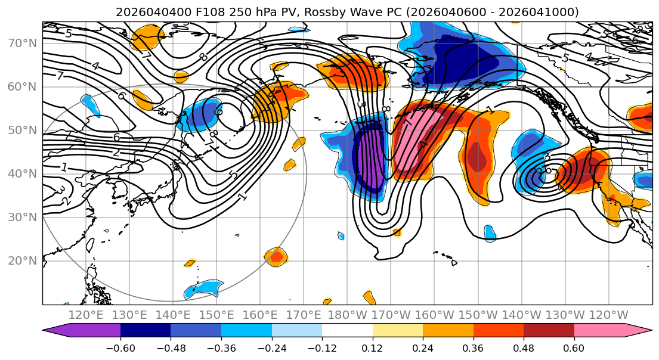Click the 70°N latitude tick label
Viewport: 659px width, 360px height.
coord(21,43)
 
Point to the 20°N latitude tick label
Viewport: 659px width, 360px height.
coord(21,261)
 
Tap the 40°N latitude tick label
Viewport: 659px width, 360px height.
coord(21,174)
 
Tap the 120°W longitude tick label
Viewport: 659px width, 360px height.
coord(608,315)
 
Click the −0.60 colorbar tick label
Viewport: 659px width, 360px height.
coord(120,347)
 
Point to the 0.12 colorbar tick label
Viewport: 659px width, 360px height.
coord(373,347)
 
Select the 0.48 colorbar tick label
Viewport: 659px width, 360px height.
coord(524,347)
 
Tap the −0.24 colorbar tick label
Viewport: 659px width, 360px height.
coord(271,347)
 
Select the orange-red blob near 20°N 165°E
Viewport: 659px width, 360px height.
coord(276,257)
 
